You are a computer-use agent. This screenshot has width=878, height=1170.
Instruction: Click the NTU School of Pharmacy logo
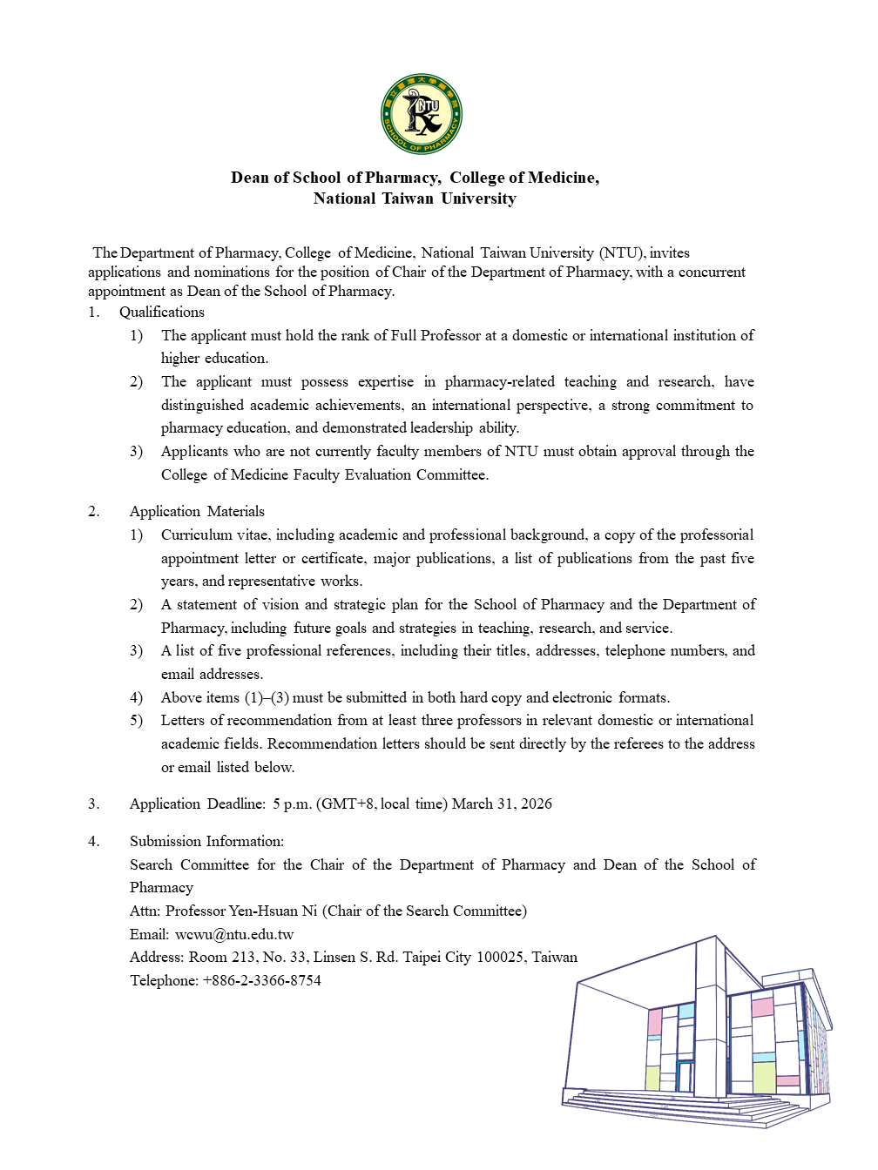422,114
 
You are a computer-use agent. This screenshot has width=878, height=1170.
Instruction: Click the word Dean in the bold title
250,178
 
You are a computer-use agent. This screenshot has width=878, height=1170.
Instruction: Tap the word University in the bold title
478,198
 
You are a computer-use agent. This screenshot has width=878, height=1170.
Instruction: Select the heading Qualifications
162,312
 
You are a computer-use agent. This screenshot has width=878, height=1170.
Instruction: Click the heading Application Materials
197,511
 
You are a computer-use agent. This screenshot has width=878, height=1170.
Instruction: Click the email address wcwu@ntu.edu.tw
234,934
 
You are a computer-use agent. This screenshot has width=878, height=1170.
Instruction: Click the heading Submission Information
206,841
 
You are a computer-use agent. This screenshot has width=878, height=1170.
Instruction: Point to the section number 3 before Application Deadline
92,804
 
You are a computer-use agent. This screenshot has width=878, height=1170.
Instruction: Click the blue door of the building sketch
686,1076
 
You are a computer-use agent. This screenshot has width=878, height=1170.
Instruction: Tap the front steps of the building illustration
662,1108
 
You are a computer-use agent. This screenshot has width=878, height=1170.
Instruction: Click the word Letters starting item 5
184,720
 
